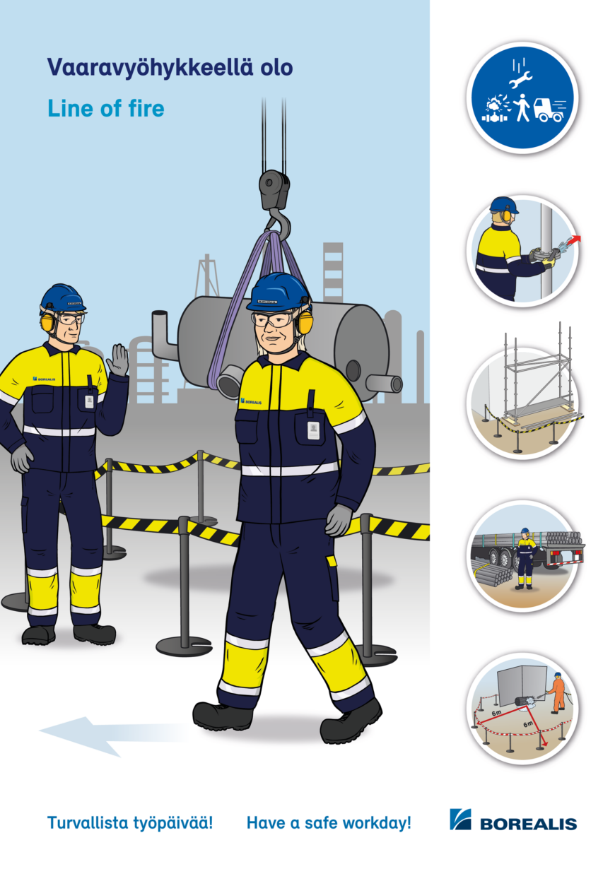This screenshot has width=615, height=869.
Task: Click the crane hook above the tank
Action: (x=281, y=224)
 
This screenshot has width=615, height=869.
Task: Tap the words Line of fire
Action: (x=105, y=108)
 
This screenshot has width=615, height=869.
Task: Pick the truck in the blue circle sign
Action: (x=549, y=110)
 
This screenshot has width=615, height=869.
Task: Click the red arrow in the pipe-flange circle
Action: (x=575, y=240)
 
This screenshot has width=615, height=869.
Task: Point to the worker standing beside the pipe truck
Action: (x=525, y=558)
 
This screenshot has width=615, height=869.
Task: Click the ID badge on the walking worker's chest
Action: (x=313, y=431)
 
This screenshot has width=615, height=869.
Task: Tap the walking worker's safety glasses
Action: (x=272, y=319)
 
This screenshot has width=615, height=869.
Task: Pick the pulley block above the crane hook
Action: (x=274, y=190)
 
